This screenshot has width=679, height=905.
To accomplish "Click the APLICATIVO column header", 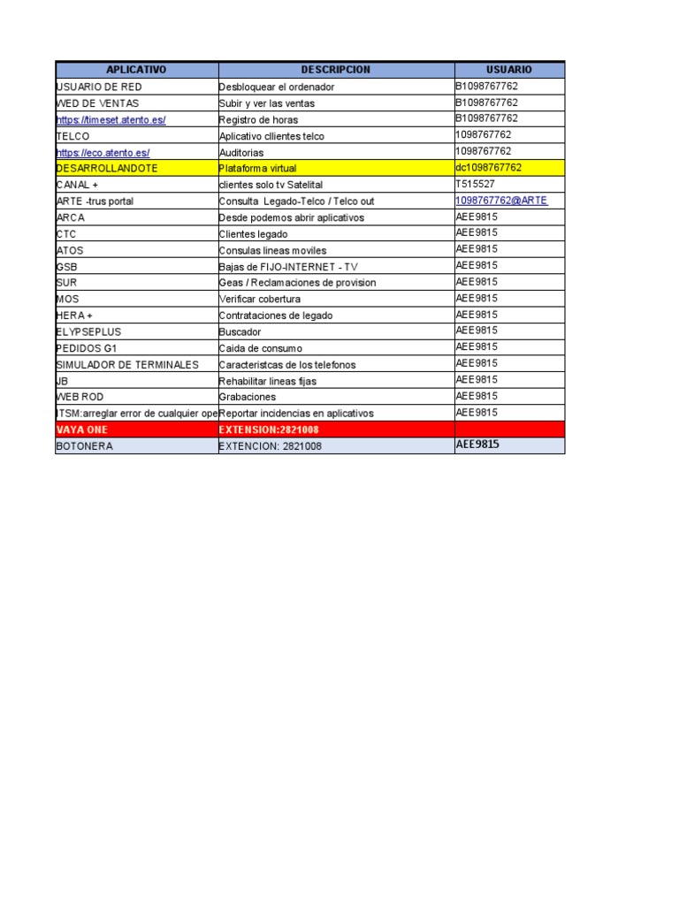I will [x=135, y=70].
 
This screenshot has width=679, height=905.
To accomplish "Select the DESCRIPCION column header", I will [x=335, y=70].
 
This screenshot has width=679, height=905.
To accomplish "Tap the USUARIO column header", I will [x=508, y=70].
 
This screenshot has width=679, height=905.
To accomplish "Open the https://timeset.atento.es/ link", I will [x=111, y=119].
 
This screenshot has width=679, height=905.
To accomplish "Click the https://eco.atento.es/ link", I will [x=103, y=152].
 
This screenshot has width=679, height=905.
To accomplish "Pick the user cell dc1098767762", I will [x=488, y=168].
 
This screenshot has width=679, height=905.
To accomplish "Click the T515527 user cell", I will [x=475, y=184].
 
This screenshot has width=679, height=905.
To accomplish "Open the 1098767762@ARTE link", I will [x=501, y=201].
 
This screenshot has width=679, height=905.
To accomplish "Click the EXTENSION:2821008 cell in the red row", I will [x=269, y=430].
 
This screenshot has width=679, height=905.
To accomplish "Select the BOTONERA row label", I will [x=84, y=446].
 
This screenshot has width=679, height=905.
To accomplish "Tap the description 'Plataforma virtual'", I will [x=258, y=168].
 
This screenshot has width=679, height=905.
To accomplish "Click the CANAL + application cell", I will [x=77, y=185].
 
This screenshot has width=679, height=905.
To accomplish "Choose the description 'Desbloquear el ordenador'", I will [x=277, y=87].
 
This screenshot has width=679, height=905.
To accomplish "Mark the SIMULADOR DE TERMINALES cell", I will [x=127, y=364].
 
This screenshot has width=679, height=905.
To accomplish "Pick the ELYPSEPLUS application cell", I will [x=88, y=331].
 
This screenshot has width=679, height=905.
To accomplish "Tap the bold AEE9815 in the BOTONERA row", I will [x=477, y=445].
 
